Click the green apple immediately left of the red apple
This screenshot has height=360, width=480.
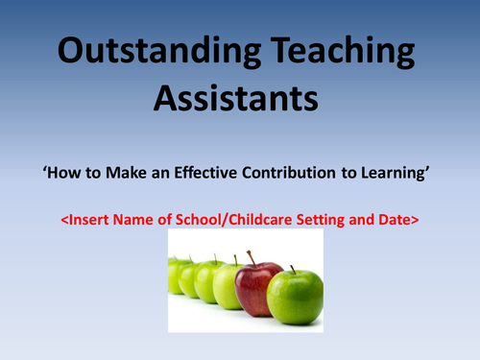[228, 285]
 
